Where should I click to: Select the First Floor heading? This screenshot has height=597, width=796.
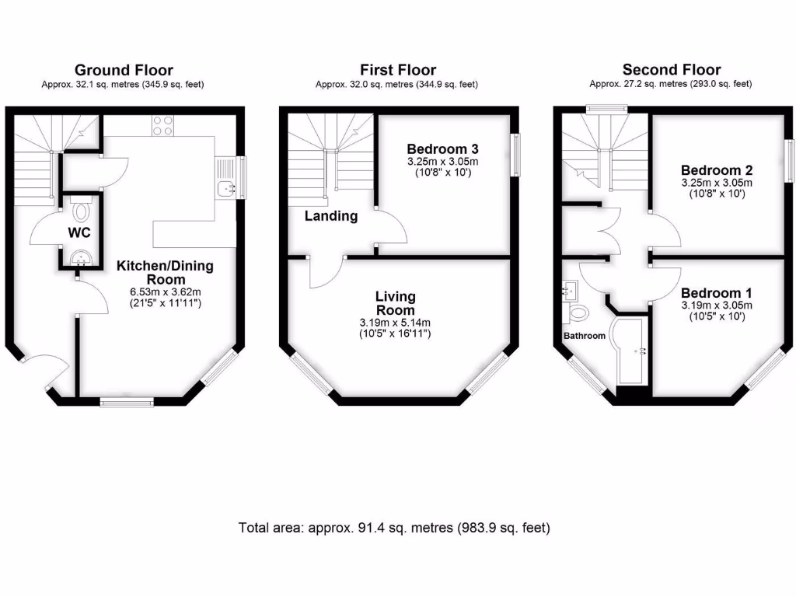(x=397, y=71)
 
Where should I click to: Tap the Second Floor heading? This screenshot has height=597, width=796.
(x=671, y=71)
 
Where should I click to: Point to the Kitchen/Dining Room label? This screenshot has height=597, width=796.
(x=165, y=273)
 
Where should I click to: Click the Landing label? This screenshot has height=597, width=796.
(x=331, y=216)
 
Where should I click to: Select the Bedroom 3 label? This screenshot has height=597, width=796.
(x=442, y=148)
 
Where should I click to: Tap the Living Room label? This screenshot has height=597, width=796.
(x=396, y=303)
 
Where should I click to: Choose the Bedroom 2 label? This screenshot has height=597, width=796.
(x=717, y=170)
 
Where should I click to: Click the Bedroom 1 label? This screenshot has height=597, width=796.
(x=717, y=293)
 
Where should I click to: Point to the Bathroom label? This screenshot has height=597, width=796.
(x=584, y=336)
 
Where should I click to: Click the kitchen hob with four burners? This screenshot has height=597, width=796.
(x=163, y=125)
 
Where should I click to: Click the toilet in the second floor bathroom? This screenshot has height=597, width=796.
(x=579, y=312)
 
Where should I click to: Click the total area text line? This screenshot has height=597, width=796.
(x=394, y=529)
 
